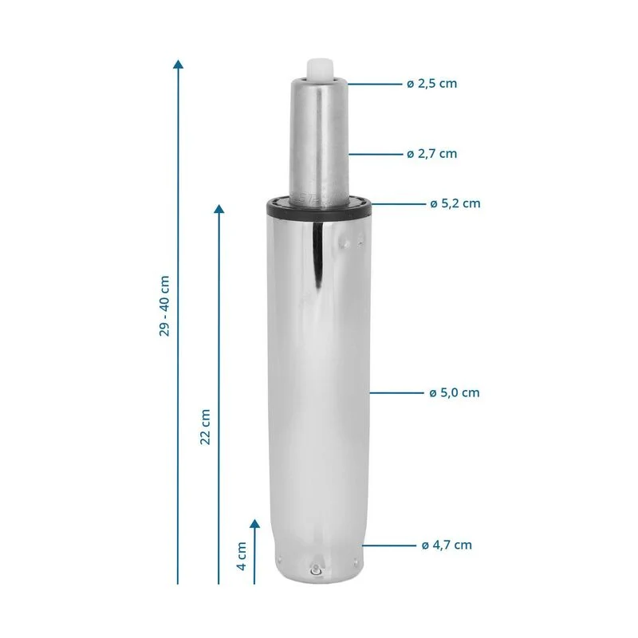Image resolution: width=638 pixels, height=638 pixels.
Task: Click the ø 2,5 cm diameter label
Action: tap(431, 84)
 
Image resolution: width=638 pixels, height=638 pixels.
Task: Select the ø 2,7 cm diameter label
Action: tap(431, 154)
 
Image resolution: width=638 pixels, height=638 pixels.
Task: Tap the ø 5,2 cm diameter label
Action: tap(455, 203)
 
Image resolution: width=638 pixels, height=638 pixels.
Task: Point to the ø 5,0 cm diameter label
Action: tap(455, 392)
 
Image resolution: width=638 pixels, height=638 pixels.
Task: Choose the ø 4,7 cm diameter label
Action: tap(447, 545)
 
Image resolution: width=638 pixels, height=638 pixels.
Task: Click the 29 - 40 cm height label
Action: tap(164, 306)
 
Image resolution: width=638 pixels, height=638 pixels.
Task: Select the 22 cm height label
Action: tap(206, 427)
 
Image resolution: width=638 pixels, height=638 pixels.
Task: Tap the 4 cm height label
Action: tap(242, 556)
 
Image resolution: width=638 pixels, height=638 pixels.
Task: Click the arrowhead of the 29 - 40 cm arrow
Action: tap(178, 64)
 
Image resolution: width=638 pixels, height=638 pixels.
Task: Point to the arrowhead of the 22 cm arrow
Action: tap(219, 209)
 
